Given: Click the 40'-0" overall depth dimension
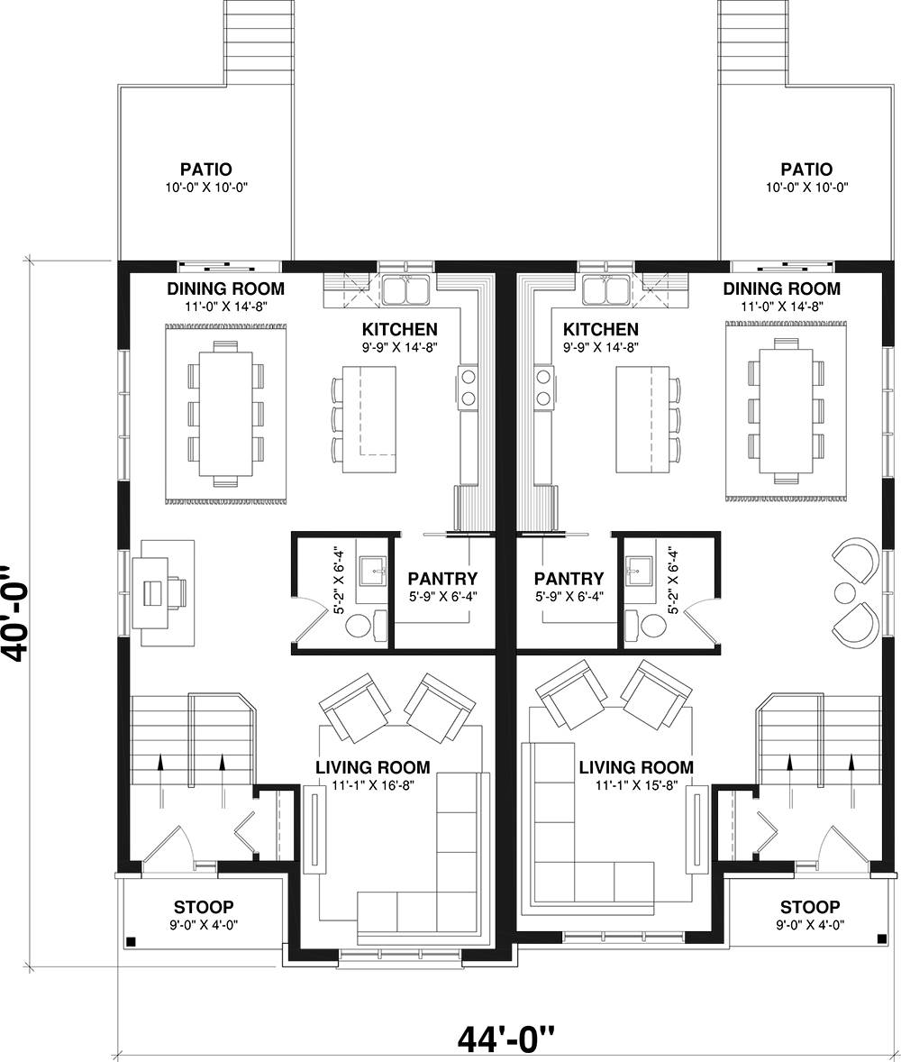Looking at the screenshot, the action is [x=14, y=614].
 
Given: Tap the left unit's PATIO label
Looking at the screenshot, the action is [x=205, y=169].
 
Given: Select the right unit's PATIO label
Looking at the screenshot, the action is [x=806, y=169].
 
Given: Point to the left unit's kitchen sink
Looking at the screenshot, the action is [x=405, y=290].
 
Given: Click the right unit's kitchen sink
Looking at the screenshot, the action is [x=605, y=290].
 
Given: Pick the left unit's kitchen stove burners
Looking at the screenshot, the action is [x=468, y=388].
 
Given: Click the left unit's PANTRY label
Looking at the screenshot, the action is [x=442, y=579].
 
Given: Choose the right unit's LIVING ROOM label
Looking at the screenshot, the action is [x=636, y=767].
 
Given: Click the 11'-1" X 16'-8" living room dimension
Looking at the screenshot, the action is [x=373, y=785].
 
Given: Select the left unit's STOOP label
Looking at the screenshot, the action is [x=204, y=907].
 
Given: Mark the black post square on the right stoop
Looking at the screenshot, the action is [x=882, y=938].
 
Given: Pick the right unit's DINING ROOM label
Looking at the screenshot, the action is [x=782, y=288].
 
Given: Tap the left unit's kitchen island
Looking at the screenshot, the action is [x=369, y=419].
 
